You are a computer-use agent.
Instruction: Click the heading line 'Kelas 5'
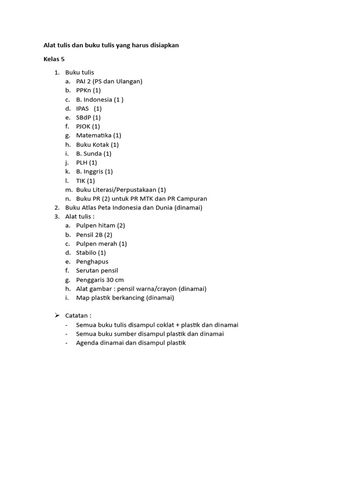point(54,59)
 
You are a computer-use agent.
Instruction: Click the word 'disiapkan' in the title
point(163,45)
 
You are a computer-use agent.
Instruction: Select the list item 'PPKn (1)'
point(88,90)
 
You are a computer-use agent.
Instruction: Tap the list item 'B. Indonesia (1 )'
point(99,99)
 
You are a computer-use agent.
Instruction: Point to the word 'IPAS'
point(82,108)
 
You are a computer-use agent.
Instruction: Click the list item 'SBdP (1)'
point(88,117)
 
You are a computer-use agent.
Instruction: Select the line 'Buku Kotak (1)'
point(97,144)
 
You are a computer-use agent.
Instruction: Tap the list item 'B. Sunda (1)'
point(94,153)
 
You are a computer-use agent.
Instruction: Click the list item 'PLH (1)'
point(86,163)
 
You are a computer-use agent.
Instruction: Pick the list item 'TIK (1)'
point(85,180)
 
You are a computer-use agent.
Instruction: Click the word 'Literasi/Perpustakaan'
point(124,190)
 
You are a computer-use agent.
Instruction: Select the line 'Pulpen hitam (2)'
point(100,225)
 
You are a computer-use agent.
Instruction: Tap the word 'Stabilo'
point(87,253)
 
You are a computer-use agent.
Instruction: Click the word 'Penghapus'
point(92,262)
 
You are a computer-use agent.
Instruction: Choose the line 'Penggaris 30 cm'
point(100,280)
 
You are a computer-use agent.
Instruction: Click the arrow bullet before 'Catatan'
point(57,316)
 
